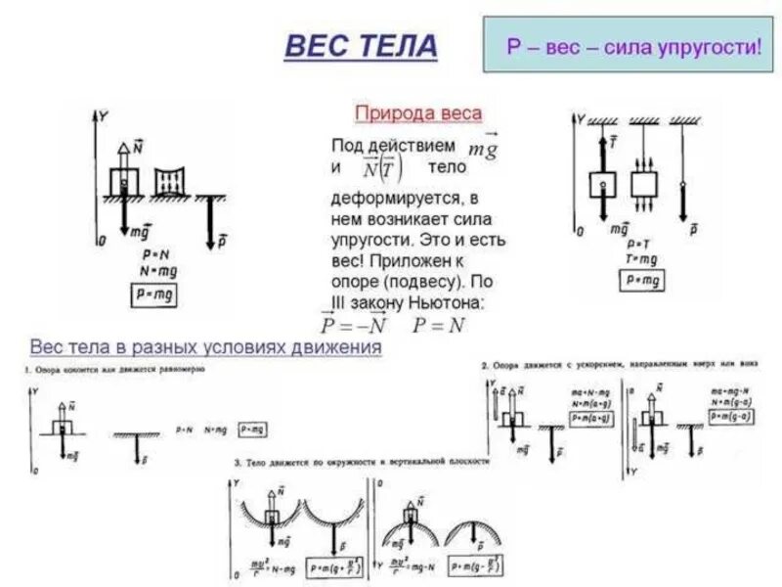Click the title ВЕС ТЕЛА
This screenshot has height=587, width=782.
pos(361,46)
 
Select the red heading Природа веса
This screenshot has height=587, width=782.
pos(417,113)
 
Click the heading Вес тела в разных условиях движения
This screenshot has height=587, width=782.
pos(205,347)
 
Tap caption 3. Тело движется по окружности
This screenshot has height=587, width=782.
pos(362,461)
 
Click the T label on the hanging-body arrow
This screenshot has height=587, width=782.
pos(612,143)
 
